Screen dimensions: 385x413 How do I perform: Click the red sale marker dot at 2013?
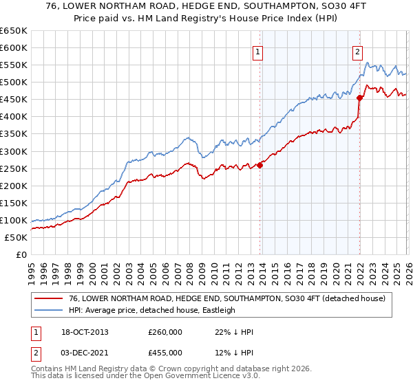260,165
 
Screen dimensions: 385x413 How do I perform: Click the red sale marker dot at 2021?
359,98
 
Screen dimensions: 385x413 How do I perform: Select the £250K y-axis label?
14,168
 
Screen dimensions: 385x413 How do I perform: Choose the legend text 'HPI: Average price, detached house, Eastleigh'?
152,310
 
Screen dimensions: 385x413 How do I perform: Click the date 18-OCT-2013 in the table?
85,332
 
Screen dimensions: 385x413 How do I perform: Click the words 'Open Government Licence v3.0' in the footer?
204,377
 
